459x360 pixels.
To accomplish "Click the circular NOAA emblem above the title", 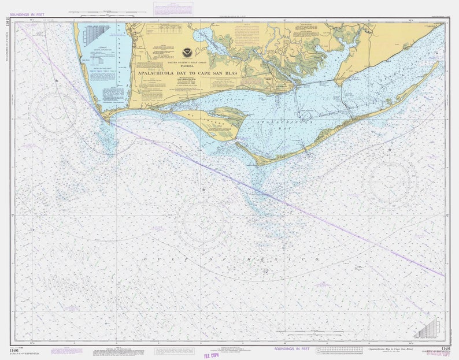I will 187,53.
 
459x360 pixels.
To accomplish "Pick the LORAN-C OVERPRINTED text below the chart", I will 24,353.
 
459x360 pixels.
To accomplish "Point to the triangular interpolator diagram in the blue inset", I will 96,35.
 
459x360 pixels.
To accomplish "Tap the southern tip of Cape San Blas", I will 108,120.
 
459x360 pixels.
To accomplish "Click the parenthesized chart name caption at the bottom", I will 391,349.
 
